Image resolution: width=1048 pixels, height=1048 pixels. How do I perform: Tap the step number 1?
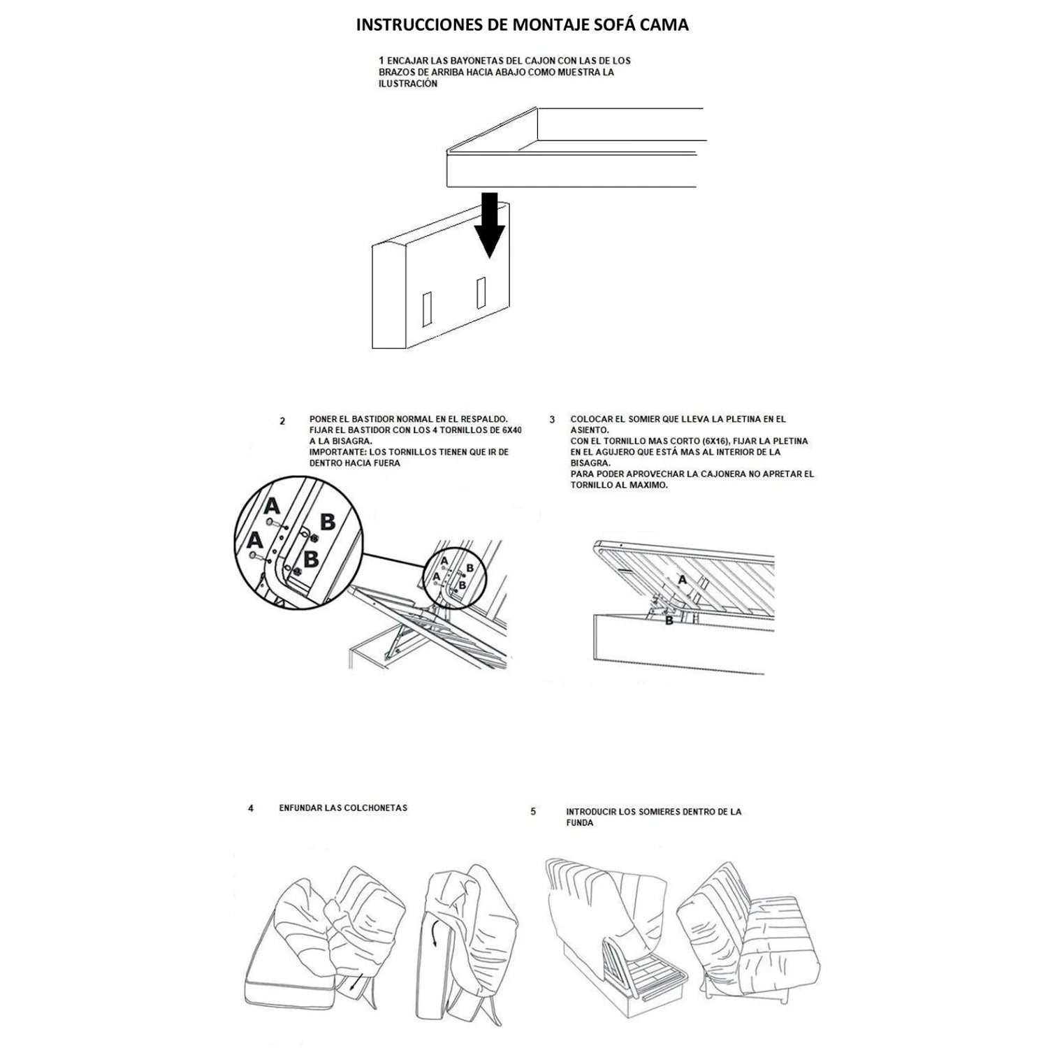(x=381, y=61)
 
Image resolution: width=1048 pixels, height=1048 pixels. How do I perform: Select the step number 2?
(x=282, y=421)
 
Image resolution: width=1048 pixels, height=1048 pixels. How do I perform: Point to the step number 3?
(x=552, y=420)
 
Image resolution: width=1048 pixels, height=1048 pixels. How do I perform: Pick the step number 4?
(x=251, y=808)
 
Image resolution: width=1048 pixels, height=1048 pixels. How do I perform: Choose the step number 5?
(x=533, y=812)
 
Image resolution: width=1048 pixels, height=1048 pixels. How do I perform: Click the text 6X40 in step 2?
(x=511, y=430)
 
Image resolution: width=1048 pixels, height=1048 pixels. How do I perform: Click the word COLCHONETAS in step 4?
(x=375, y=808)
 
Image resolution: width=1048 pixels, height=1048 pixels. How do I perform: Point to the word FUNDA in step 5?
(x=580, y=823)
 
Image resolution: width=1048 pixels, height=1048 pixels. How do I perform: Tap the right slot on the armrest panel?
(x=481, y=293)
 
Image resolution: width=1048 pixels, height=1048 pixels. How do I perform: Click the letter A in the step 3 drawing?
(x=683, y=579)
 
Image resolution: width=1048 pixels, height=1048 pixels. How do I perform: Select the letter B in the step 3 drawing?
(x=669, y=620)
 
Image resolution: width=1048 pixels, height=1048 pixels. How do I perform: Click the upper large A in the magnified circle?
(x=272, y=506)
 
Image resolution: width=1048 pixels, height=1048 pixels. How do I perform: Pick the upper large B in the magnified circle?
(x=327, y=521)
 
